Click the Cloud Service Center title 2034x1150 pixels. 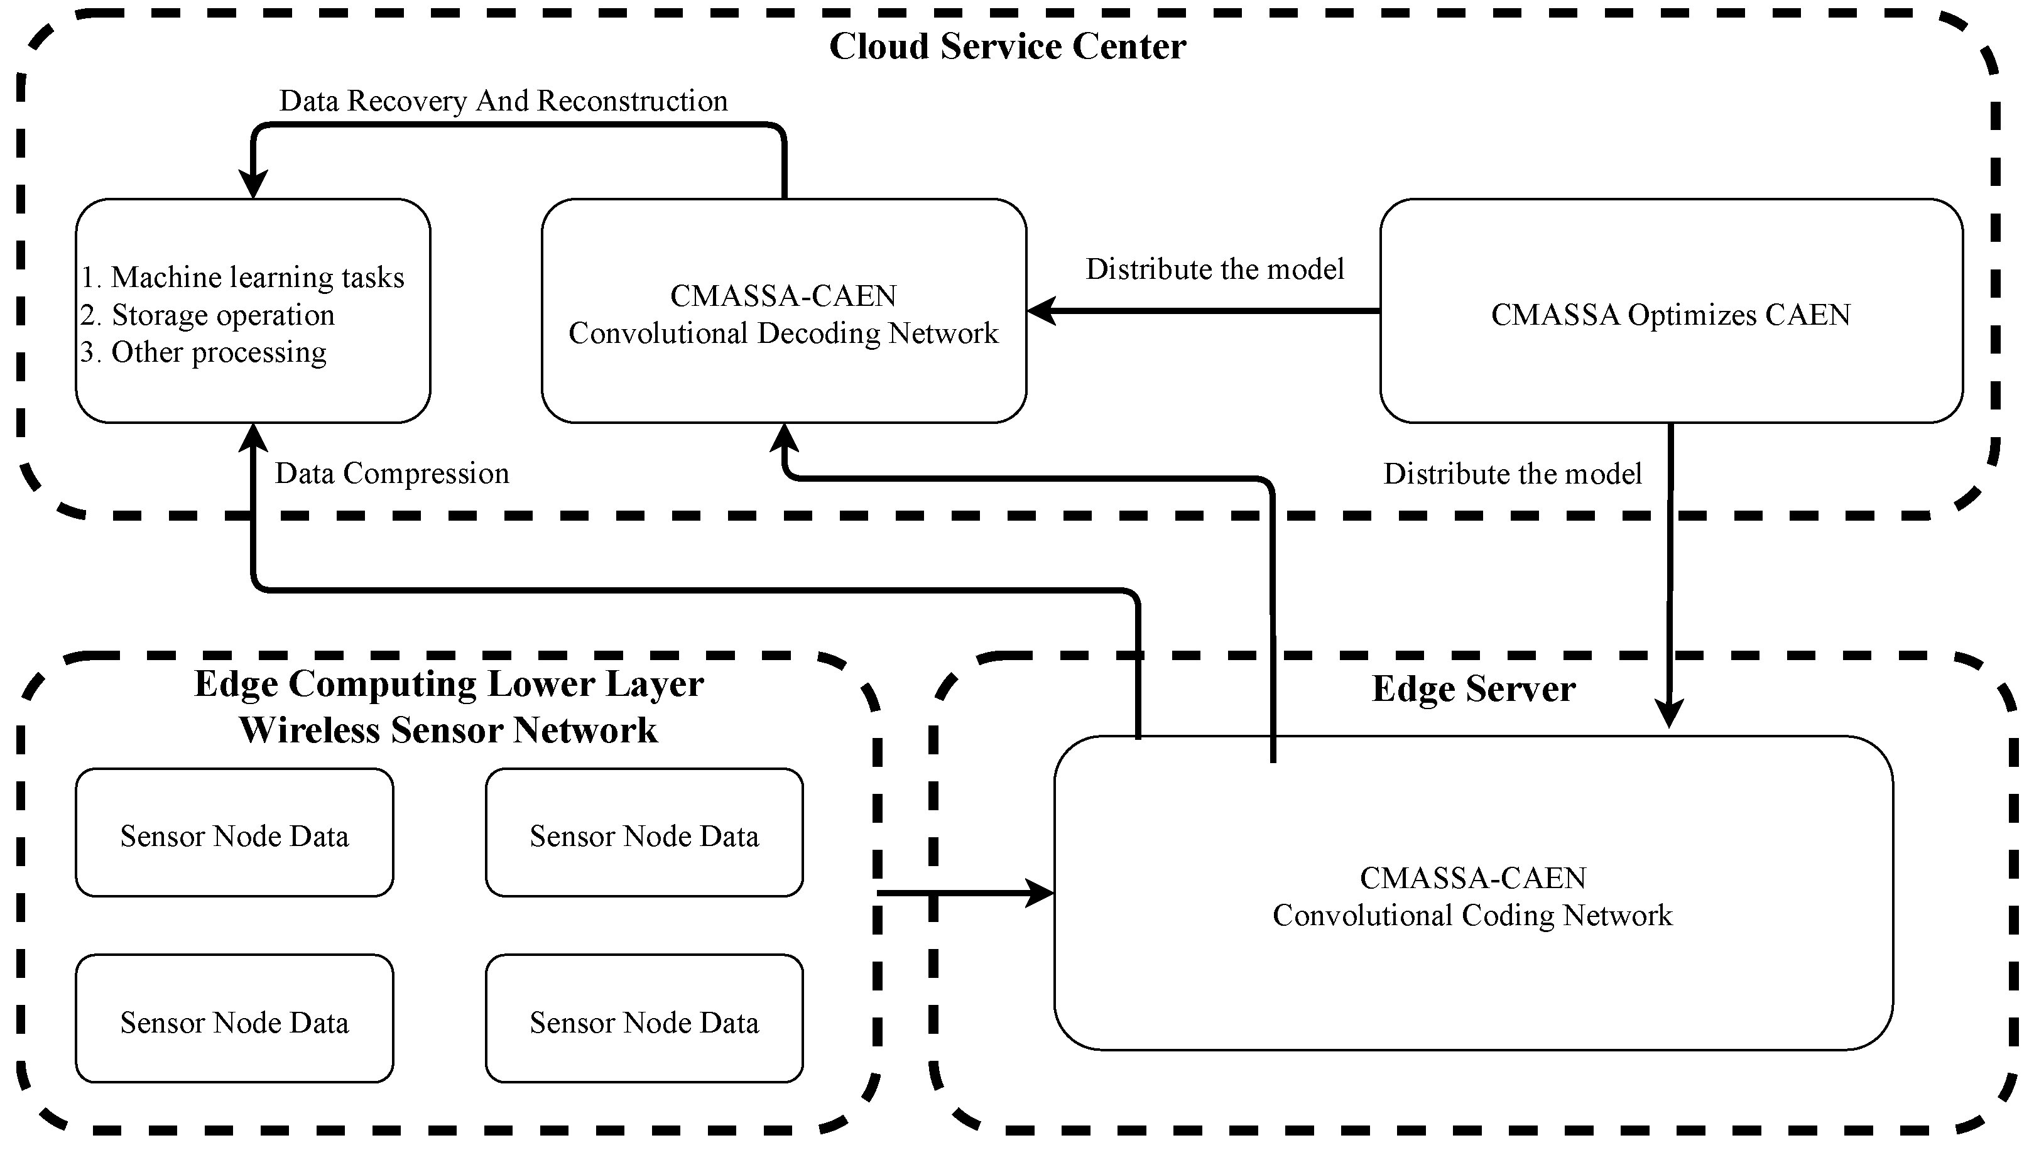[x=1007, y=46]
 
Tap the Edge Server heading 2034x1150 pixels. [x=1473, y=689]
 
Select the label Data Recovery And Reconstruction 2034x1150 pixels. [x=503, y=101]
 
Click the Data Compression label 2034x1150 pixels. [x=392, y=474]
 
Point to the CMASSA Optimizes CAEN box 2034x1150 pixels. [x=1671, y=311]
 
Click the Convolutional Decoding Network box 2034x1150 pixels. [x=783, y=311]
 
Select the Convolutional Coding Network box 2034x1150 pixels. [x=1473, y=892]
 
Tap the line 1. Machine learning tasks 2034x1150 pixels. [x=242, y=277]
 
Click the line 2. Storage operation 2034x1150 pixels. [x=208, y=315]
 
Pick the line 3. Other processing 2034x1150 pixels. [x=203, y=352]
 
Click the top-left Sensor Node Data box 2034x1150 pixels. [x=234, y=832]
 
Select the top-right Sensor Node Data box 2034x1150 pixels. [x=644, y=832]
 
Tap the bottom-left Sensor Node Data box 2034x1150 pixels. [x=234, y=1019]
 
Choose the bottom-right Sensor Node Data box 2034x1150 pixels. [x=644, y=1019]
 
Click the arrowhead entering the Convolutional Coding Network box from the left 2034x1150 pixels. [x=1041, y=893]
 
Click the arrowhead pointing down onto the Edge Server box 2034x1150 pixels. [x=1669, y=715]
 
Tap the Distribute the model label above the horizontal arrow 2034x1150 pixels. [x=1215, y=269]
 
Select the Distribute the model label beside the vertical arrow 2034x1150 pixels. [x=1513, y=474]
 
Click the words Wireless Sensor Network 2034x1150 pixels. [x=448, y=730]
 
